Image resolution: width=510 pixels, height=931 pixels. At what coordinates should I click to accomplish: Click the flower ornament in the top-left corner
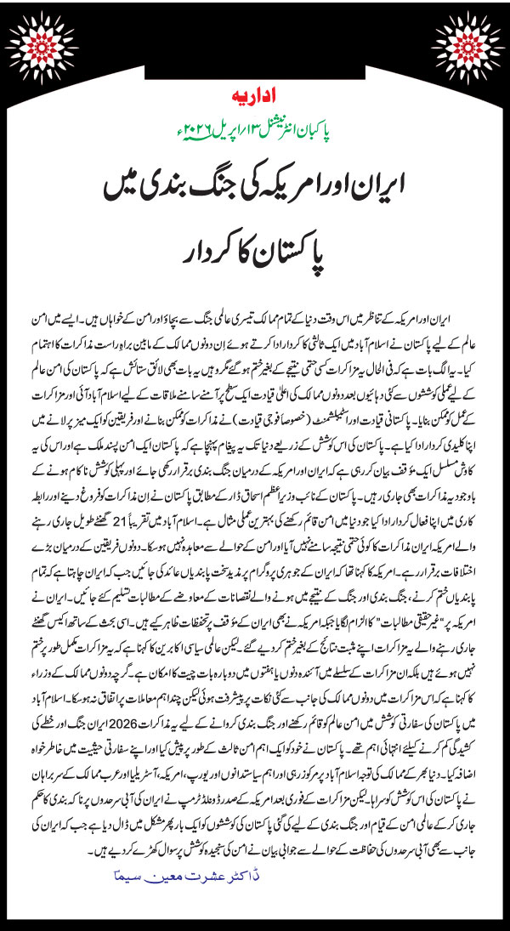click(34, 34)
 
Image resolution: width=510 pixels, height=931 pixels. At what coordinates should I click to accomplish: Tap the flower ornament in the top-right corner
click(476, 34)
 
